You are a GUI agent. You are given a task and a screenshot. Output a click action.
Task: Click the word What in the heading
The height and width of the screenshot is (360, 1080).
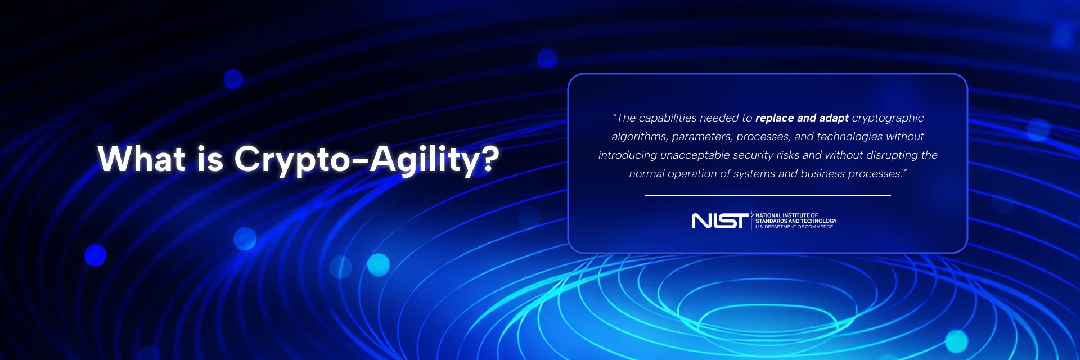[x=141, y=159]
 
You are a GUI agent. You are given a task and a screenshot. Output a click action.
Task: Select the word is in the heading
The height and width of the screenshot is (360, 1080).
[x=210, y=159]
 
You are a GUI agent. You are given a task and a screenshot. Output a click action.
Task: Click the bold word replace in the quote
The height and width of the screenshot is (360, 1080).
[x=774, y=118]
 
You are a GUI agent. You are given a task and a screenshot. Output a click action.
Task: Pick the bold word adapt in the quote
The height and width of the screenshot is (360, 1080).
[x=834, y=118]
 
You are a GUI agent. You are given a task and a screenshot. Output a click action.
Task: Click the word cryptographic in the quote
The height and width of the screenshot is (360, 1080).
[x=888, y=118]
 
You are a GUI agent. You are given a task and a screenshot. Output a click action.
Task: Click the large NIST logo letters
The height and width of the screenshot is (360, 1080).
[x=720, y=221]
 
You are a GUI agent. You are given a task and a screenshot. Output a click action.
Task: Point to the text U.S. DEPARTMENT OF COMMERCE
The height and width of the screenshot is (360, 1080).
[x=794, y=227]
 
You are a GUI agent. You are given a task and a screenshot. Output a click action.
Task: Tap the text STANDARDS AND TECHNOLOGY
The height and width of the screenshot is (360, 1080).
[x=796, y=221]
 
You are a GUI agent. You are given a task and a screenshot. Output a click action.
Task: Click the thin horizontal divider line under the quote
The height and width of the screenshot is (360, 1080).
[x=768, y=195]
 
